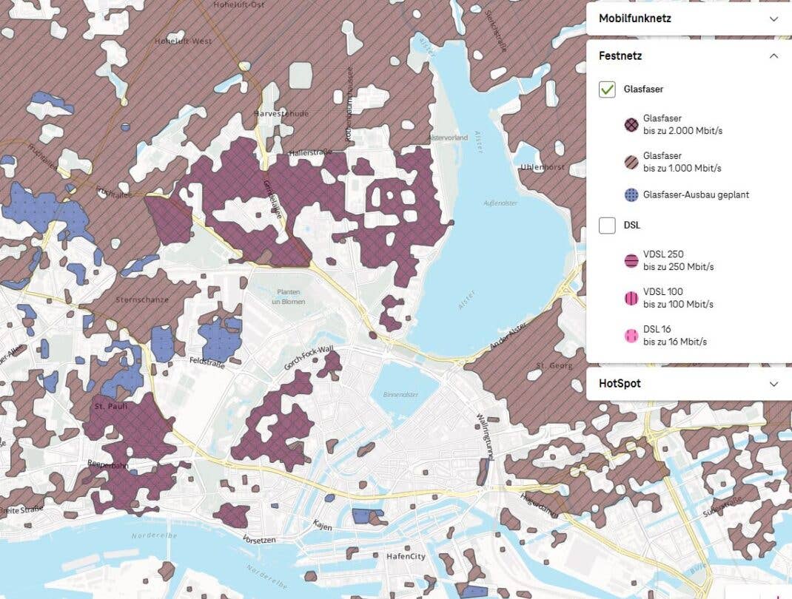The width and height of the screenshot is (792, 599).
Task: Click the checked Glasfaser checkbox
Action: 607,89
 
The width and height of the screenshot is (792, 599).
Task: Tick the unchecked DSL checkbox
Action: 607,225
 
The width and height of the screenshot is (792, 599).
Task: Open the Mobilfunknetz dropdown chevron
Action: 773,19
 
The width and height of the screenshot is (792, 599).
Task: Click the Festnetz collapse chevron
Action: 773,55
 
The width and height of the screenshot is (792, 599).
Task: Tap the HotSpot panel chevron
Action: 773,384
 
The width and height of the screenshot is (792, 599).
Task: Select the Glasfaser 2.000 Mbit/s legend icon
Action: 631,125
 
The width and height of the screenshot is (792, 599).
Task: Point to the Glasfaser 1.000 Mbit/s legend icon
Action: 631,162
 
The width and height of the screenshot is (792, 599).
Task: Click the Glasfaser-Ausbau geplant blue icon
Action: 631,195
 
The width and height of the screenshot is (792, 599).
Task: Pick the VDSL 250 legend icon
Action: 631,260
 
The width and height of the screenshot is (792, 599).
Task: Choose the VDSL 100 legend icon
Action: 631,298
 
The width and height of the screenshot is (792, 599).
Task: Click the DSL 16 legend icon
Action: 631,336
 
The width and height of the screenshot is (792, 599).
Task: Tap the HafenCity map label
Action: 406,556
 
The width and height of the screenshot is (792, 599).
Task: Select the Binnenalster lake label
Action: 400,395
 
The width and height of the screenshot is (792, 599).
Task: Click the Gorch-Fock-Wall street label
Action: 309,358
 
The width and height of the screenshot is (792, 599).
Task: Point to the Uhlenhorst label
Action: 543,167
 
